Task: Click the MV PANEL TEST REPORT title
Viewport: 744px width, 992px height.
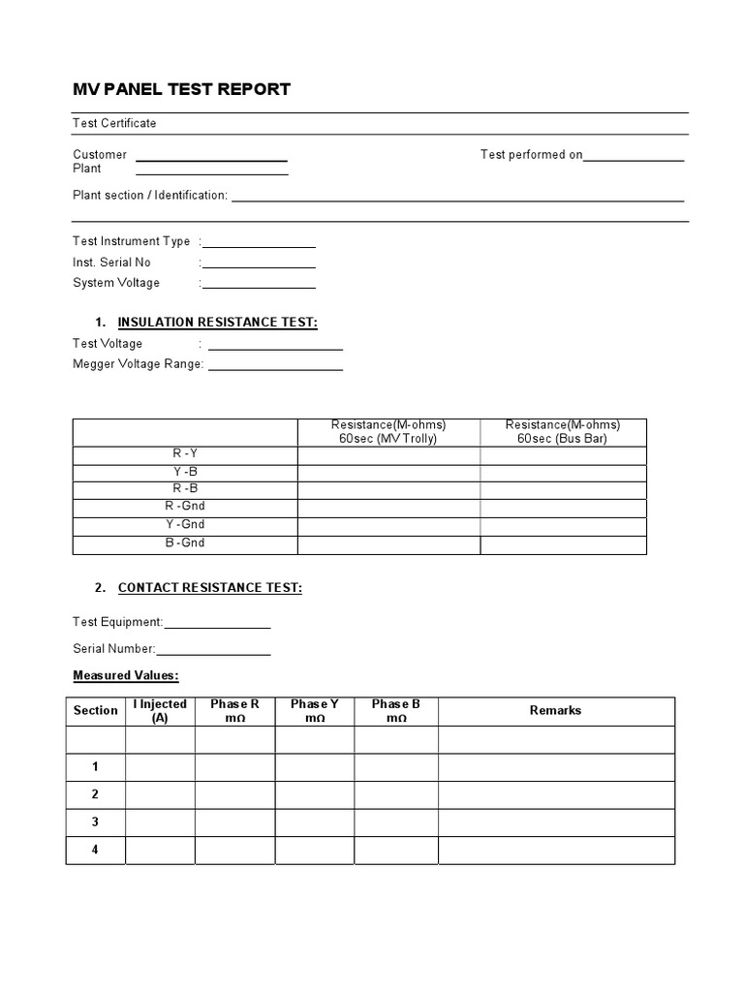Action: [181, 90]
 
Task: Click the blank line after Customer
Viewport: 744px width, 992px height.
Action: [211, 157]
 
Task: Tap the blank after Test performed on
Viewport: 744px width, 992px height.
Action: [634, 157]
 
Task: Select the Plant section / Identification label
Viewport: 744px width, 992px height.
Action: [150, 195]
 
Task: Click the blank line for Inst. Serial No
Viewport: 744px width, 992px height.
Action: [259, 264]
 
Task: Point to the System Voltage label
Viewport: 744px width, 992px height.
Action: [116, 283]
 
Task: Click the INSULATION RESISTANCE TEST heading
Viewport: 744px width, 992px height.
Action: [217, 323]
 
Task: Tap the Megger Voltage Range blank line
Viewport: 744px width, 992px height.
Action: [275, 367]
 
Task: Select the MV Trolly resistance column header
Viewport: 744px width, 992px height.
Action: [388, 432]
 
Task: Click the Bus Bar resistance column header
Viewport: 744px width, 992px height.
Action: [563, 432]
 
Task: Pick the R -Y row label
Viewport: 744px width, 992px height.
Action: [185, 454]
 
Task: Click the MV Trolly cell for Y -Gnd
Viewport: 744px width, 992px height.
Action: [388, 526]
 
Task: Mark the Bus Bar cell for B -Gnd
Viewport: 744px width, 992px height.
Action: [563, 544]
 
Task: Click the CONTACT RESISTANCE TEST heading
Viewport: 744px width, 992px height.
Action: [210, 588]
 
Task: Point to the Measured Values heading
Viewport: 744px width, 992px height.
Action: [126, 675]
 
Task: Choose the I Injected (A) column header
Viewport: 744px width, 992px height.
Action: [160, 711]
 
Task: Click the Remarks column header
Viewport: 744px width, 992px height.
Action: [556, 711]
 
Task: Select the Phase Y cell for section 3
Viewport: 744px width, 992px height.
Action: [315, 822]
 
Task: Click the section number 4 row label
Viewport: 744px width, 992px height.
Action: [95, 851]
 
